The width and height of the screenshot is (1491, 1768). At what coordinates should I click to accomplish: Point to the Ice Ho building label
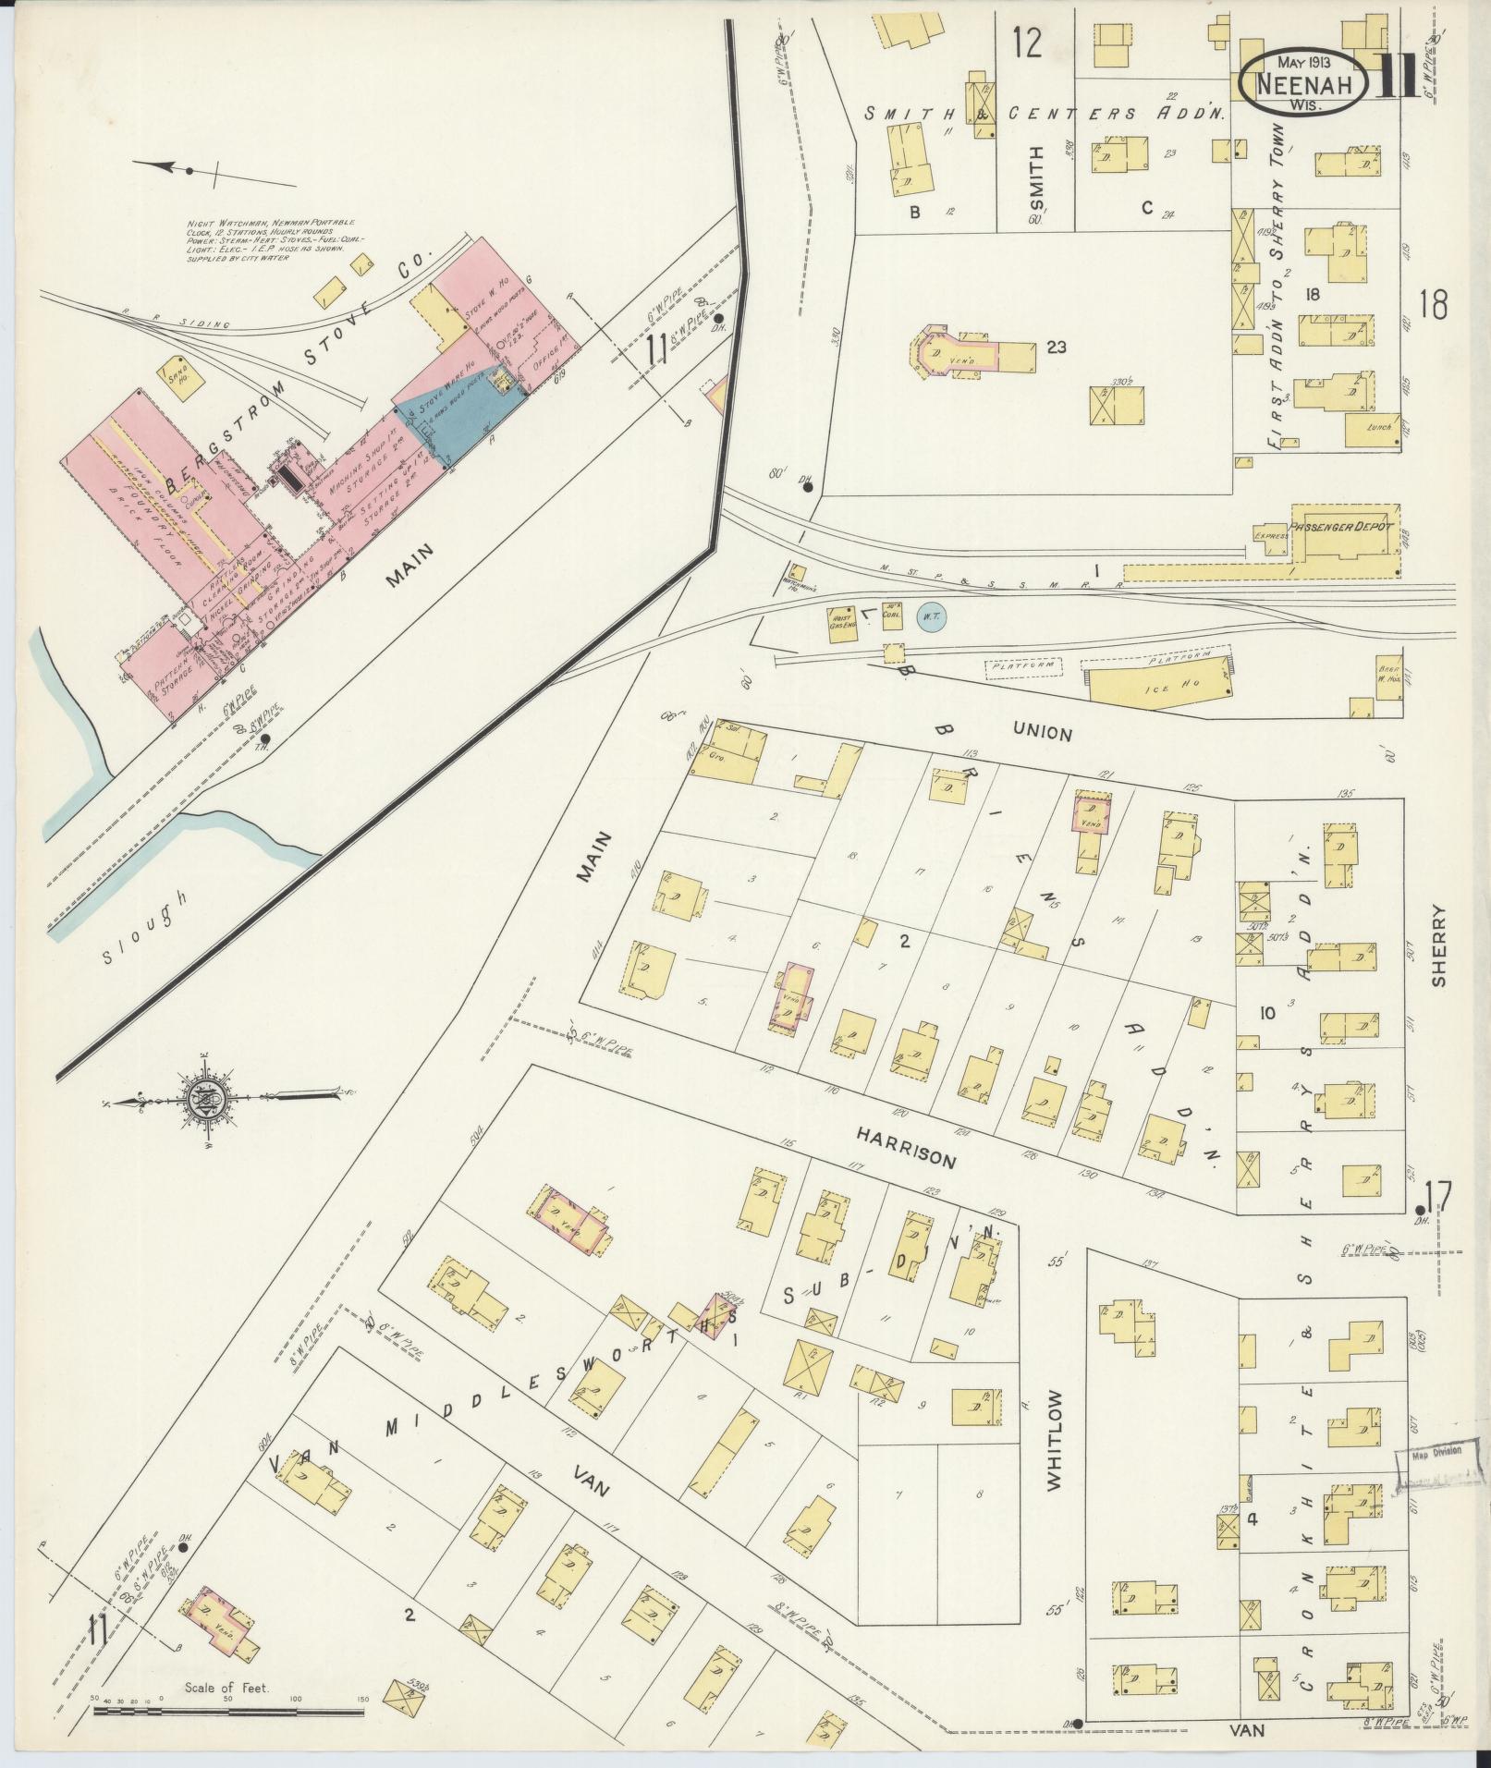1153,686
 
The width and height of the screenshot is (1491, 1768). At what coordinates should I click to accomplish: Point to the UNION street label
1042,734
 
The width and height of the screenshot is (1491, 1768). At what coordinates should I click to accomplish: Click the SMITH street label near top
1035,177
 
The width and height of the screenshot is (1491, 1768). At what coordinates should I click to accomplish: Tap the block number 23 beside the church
1057,348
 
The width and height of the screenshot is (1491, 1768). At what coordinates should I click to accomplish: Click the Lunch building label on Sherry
1381,428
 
